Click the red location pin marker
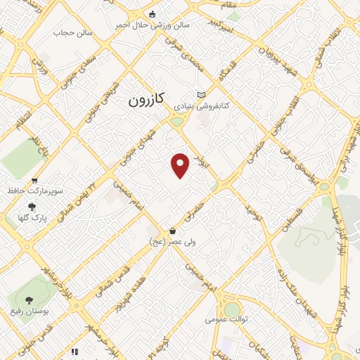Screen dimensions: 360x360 coord(181,165)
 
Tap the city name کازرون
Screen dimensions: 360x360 coord(146,100)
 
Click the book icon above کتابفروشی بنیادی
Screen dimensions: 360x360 coord(202,95)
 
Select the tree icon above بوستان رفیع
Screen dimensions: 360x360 coord(29,300)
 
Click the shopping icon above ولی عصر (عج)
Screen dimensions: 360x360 coord(173,231)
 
